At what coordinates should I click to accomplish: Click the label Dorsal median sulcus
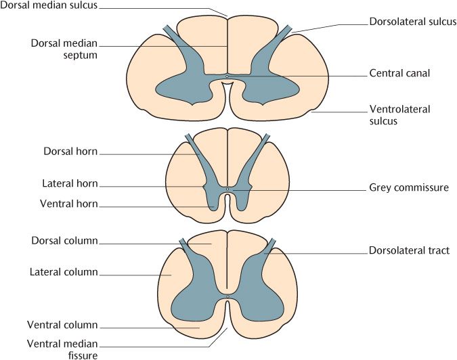[x=48, y=5]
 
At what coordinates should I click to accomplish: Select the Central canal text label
[x=400, y=72]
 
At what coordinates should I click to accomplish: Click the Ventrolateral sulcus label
[x=400, y=115]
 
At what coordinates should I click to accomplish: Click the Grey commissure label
[x=409, y=187]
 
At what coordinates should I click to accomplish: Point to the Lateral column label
[x=64, y=272]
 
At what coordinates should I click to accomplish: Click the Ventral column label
[x=63, y=325]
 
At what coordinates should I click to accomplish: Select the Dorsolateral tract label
[x=409, y=250]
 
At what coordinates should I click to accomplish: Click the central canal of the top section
[x=227, y=76]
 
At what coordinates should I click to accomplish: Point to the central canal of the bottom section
[x=228, y=297]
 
